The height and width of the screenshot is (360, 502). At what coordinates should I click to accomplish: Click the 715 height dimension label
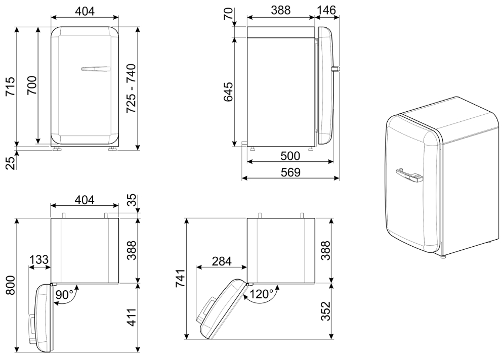coord(10,86)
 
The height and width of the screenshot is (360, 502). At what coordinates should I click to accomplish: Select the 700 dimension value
coord(31,85)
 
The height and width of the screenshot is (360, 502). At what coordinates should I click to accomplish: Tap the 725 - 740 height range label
coord(131,88)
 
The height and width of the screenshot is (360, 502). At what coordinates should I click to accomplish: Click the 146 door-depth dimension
coord(326,10)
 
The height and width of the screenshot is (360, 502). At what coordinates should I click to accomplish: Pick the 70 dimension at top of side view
coord(228,14)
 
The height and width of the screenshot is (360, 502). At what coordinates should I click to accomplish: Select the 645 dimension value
coord(228,92)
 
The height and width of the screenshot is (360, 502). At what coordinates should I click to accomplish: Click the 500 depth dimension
coord(290,156)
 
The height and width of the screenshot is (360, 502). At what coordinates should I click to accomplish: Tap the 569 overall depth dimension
coord(290,172)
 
